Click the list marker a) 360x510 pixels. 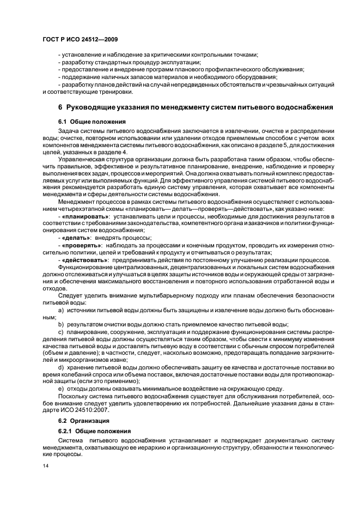coord(61,309)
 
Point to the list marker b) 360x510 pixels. coord(61,324)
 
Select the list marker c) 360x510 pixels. coord(61,331)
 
